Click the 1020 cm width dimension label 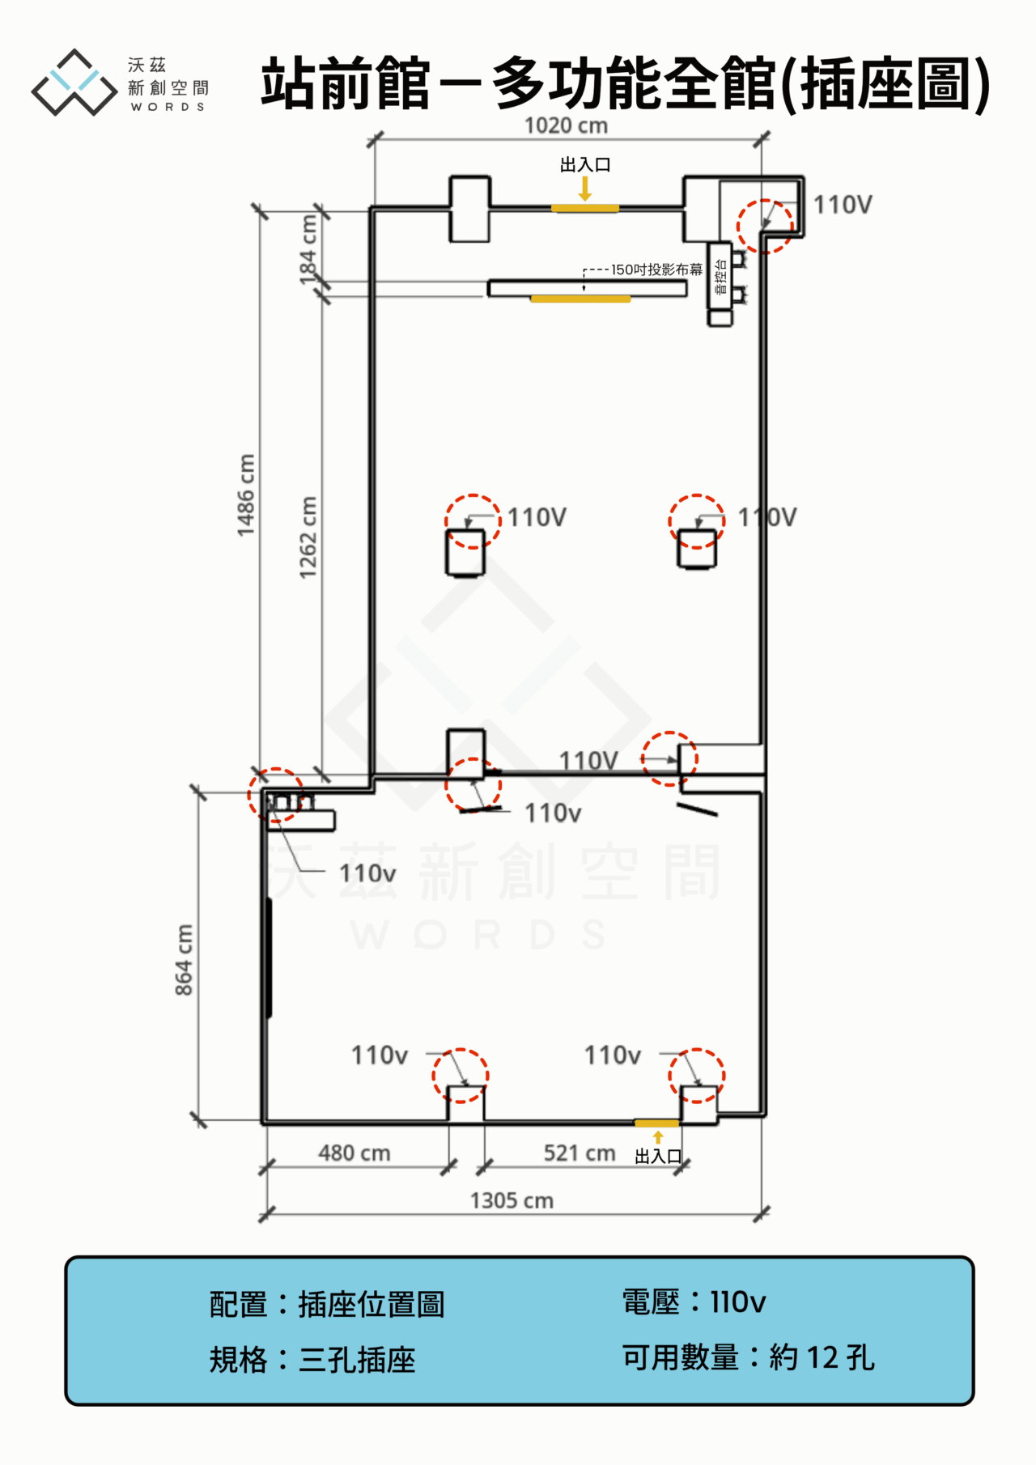tap(566, 125)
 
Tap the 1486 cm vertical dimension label tap(246, 495)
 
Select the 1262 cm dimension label tap(308, 537)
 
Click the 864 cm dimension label tap(185, 960)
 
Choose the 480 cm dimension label tap(355, 1153)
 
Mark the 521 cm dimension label tap(580, 1153)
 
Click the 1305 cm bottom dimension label tap(512, 1200)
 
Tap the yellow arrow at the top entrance tap(585, 189)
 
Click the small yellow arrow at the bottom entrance tap(657, 1137)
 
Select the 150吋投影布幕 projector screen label tap(656, 270)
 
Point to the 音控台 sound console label tap(720, 277)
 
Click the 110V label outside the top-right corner tap(843, 205)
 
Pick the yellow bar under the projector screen tap(580, 299)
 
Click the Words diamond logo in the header tap(74, 82)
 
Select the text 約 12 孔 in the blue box tap(821, 1357)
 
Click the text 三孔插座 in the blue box tap(357, 1360)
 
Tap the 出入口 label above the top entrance tap(585, 165)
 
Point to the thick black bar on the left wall tap(269, 957)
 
